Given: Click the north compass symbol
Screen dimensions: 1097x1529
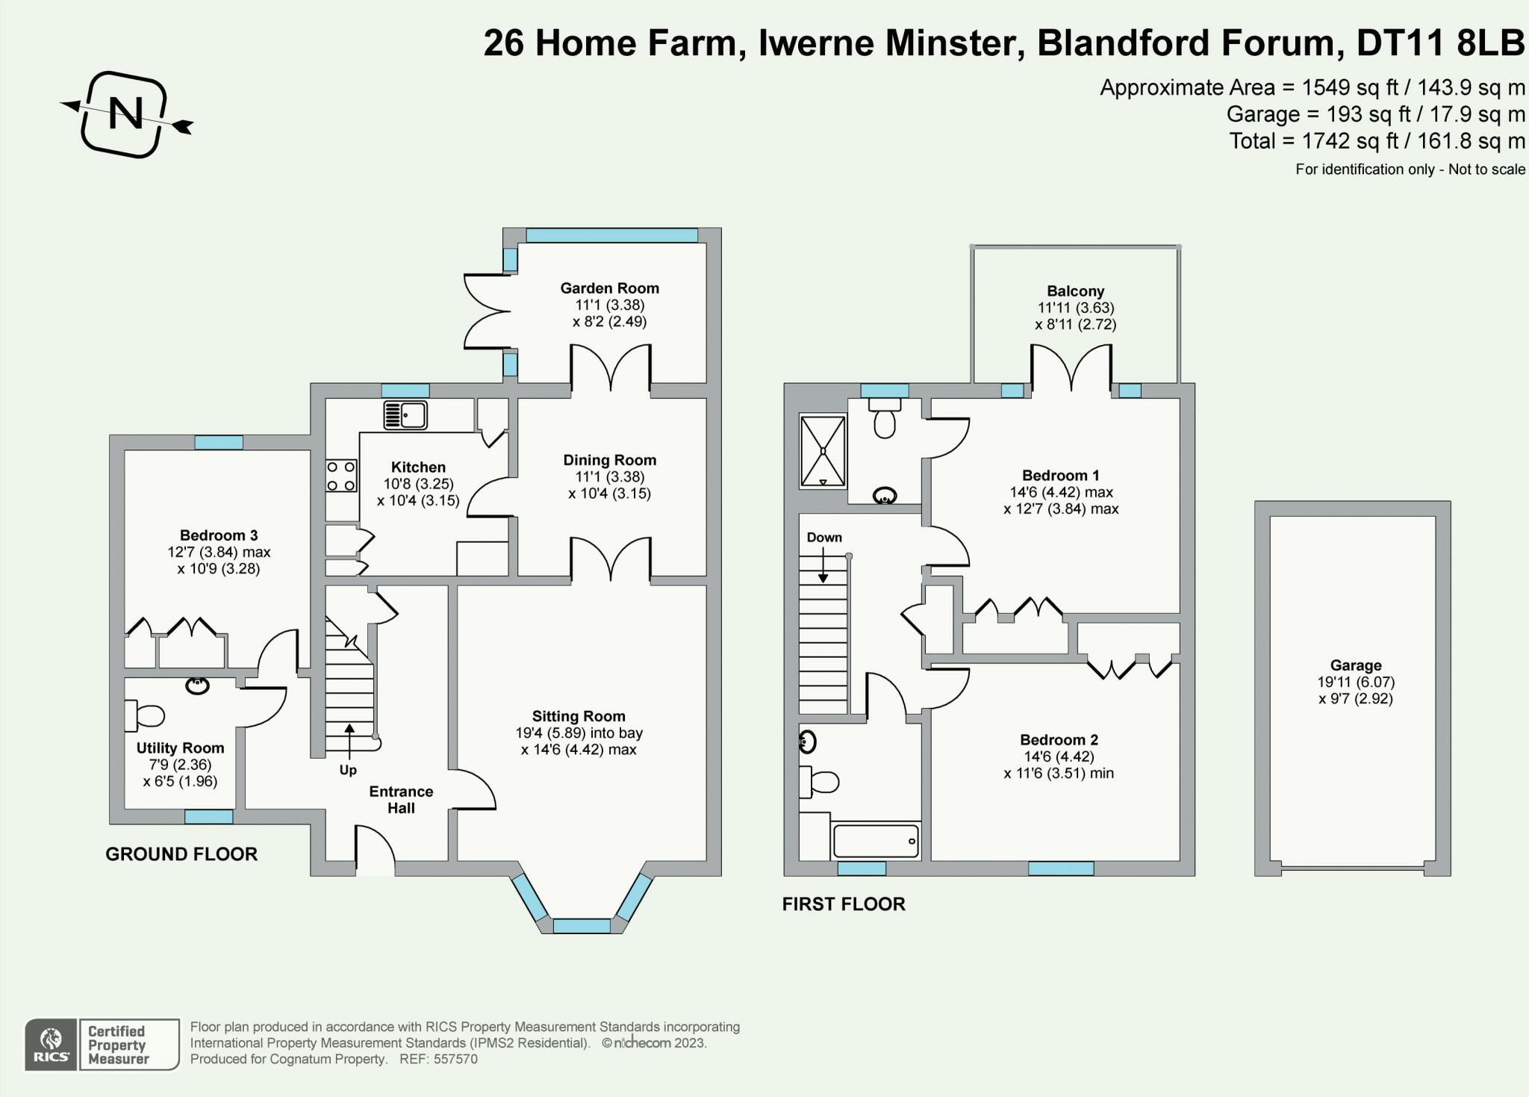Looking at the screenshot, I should click(125, 114).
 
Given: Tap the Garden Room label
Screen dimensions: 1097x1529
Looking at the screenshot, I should click(609, 288).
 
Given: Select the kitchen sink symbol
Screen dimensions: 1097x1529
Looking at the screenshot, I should click(405, 414).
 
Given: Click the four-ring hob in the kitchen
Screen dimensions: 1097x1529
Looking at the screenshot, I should click(341, 476).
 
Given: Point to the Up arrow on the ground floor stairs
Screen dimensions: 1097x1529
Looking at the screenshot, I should click(349, 739).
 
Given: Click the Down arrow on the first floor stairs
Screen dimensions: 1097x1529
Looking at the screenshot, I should click(823, 566).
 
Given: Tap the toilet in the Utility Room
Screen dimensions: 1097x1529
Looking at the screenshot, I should click(146, 716).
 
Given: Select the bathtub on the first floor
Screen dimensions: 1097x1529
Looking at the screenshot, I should click(875, 841).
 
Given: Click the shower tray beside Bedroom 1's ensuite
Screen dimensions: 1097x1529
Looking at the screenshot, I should click(823, 451).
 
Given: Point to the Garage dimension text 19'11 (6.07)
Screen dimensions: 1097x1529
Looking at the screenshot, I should click(1356, 682).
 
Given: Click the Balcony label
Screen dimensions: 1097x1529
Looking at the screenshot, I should click(1075, 291).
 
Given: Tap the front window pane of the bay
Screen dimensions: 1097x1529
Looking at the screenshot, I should click(582, 926).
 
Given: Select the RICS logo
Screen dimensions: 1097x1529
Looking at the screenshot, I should click(51, 1044).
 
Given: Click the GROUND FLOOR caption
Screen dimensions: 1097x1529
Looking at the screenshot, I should click(181, 854).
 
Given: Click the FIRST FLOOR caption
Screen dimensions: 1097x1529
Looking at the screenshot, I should click(844, 904).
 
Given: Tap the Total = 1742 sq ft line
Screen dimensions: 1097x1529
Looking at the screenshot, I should click(1377, 140).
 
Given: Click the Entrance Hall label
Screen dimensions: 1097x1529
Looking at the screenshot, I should click(401, 800).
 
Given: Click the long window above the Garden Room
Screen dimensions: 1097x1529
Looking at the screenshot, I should click(611, 235).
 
